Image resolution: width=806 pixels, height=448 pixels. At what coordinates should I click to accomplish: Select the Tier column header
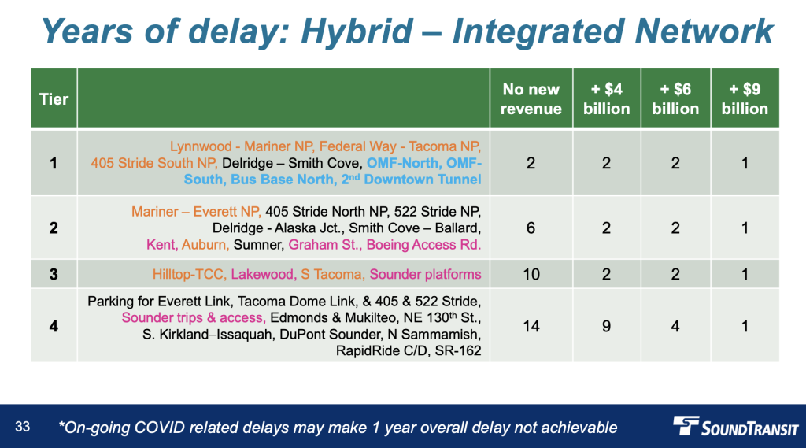[x=54, y=98]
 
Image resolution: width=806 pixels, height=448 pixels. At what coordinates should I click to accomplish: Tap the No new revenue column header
[x=531, y=98]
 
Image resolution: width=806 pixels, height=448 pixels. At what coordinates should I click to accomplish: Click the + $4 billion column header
[x=607, y=98]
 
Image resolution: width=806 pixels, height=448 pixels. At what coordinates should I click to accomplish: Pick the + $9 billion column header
[x=745, y=98]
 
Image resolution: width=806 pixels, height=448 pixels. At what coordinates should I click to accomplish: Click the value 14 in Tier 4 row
[x=531, y=326]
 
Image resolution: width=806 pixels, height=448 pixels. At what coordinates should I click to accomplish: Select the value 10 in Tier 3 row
[x=531, y=274]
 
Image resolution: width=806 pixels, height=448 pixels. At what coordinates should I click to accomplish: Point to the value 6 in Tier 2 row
[x=531, y=228]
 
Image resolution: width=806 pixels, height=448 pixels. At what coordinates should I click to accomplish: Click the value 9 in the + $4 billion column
[x=607, y=326]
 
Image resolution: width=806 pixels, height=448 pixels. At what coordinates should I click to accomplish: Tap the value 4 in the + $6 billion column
[x=675, y=326]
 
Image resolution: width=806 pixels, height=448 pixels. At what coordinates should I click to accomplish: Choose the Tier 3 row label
[x=54, y=274]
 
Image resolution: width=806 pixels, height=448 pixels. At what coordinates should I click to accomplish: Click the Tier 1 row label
[x=54, y=163]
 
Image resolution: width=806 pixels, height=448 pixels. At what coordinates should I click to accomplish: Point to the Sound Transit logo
[x=736, y=427]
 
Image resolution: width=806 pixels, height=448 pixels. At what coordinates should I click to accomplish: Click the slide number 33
[x=23, y=427]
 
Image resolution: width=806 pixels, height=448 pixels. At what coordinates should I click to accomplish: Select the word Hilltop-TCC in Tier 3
[x=189, y=274]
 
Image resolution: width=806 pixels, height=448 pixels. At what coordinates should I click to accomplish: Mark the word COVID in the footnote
[x=159, y=428]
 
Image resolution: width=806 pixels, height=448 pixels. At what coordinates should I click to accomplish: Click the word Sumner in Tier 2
[x=258, y=244]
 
